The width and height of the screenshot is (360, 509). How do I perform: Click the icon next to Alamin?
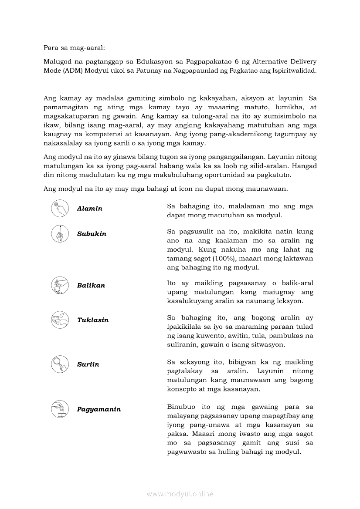coord(60,208)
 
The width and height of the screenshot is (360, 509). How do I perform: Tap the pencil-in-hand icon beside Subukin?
coord(60,233)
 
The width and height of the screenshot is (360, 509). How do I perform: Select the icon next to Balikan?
coord(60,285)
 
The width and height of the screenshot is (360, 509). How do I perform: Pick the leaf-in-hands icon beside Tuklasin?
coord(60,320)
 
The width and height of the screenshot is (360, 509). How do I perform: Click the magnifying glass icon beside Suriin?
coord(60,364)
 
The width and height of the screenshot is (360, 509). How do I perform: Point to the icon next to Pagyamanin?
coord(60,409)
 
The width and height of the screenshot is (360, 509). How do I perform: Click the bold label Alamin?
coord(90,209)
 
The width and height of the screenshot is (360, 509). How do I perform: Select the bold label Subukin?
coord(92,234)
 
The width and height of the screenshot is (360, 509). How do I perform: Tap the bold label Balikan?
coord(91,286)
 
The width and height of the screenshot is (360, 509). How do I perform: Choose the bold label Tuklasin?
coord(93,320)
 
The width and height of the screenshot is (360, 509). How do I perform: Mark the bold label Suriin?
coord(88,364)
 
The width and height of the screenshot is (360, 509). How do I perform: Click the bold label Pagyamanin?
coord(99,409)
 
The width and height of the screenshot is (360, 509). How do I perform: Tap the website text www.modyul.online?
coord(180,494)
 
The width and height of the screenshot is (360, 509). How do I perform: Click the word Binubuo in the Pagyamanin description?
coord(181,407)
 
